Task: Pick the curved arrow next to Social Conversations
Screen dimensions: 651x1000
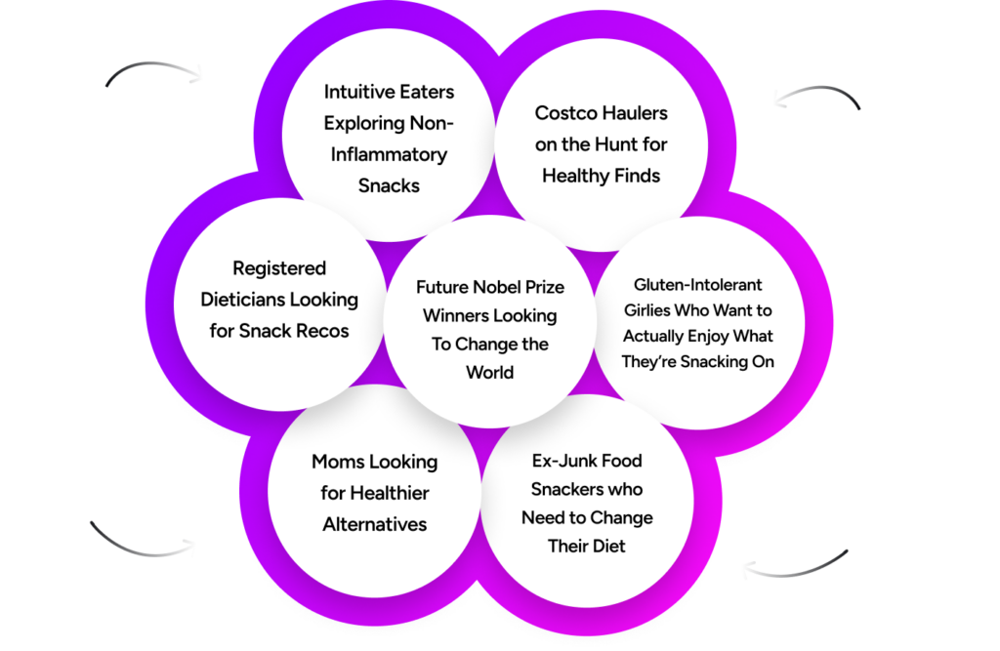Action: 815,94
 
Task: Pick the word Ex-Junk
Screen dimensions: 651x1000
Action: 558,461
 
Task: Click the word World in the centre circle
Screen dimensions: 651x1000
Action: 489,373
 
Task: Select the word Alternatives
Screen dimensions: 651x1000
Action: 375,524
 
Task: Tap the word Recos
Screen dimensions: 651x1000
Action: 319,331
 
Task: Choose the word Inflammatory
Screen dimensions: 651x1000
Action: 389,154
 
